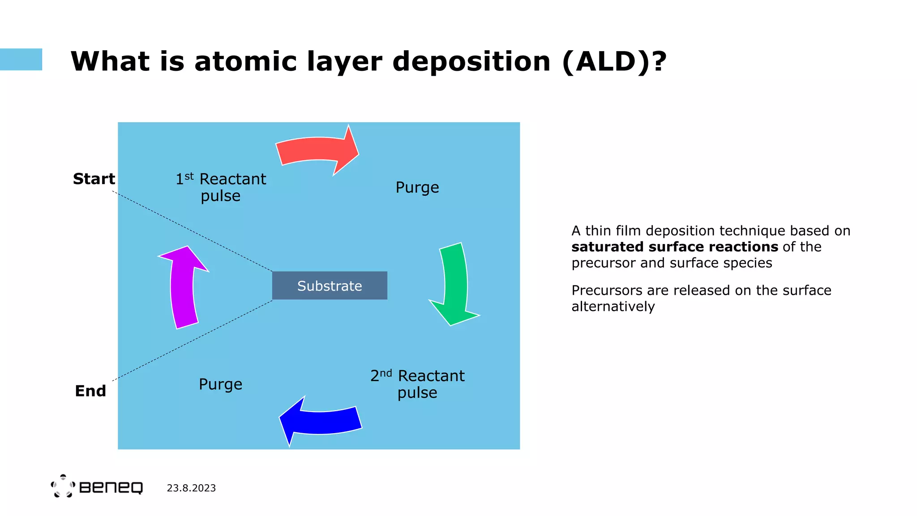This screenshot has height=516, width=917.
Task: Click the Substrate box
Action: (330, 286)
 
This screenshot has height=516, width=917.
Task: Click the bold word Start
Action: (94, 179)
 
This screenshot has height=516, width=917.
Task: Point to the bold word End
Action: (90, 391)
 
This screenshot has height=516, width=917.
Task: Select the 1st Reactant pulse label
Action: (221, 187)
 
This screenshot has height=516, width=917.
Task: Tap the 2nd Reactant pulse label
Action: (417, 384)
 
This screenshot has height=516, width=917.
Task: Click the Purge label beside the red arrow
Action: (417, 187)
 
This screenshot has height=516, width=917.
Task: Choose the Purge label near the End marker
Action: (220, 384)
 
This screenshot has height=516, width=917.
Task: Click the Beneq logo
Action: (97, 486)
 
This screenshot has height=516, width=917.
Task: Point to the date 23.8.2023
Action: (191, 488)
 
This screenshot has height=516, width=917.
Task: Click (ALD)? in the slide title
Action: (614, 61)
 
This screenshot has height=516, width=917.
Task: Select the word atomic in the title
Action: (245, 61)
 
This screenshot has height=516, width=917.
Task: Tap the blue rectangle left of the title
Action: (21, 60)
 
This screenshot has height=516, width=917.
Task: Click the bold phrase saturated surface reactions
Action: (675, 247)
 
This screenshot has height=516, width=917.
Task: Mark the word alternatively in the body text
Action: (613, 306)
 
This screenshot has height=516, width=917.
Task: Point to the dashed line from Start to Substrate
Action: (193, 231)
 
